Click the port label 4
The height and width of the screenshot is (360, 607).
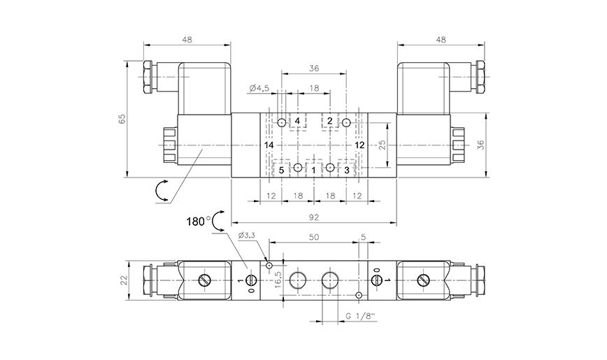click(297, 122)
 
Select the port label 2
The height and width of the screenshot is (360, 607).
click(330, 122)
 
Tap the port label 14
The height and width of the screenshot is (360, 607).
click(270, 145)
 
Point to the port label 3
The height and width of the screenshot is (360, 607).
click(346, 169)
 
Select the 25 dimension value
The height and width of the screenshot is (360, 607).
click(382, 145)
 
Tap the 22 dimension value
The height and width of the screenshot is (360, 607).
click(124, 280)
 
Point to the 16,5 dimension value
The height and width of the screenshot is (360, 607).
click(278, 279)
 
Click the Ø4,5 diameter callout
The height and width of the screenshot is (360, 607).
click(259, 89)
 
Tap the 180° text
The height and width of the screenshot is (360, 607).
click(199, 222)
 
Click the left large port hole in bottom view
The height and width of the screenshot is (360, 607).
click(299, 280)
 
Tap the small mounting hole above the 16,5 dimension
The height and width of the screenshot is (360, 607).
click(268, 264)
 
